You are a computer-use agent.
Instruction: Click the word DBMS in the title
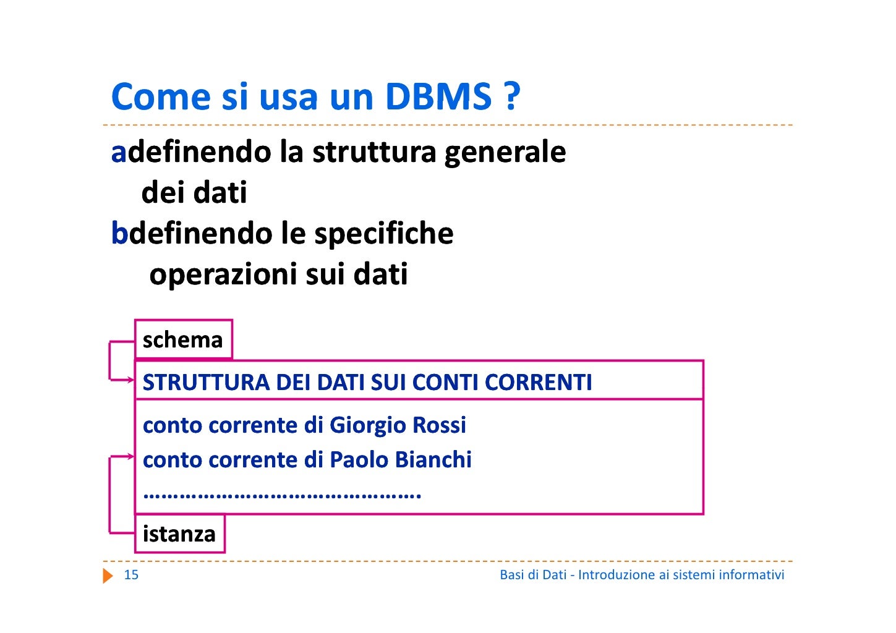[x=438, y=97]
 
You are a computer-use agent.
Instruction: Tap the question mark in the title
[x=511, y=97]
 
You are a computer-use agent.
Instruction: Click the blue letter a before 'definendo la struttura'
[x=118, y=152]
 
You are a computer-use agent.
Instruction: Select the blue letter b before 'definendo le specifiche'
[x=119, y=233]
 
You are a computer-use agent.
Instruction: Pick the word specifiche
[x=383, y=234]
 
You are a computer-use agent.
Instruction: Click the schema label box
[x=183, y=339]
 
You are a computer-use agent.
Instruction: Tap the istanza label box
[x=179, y=533]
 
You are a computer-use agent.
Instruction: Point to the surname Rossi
[x=439, y=425]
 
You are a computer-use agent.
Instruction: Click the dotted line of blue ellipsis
[x=282, y=495]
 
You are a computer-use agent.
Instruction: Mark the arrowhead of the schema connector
[x=131, y=380]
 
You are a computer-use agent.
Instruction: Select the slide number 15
[x=131, y=575]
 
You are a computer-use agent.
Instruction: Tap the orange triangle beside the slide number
[x=108, y=576]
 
